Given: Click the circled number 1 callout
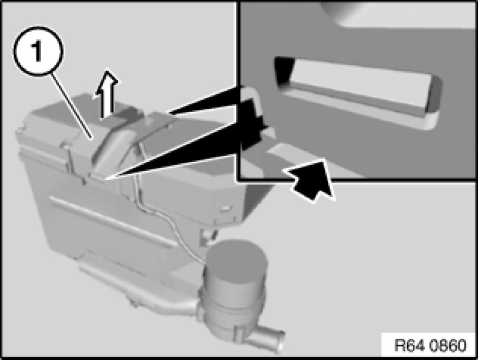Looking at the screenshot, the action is click(x=38, y=51).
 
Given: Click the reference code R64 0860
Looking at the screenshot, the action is click(x=430, y=345).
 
